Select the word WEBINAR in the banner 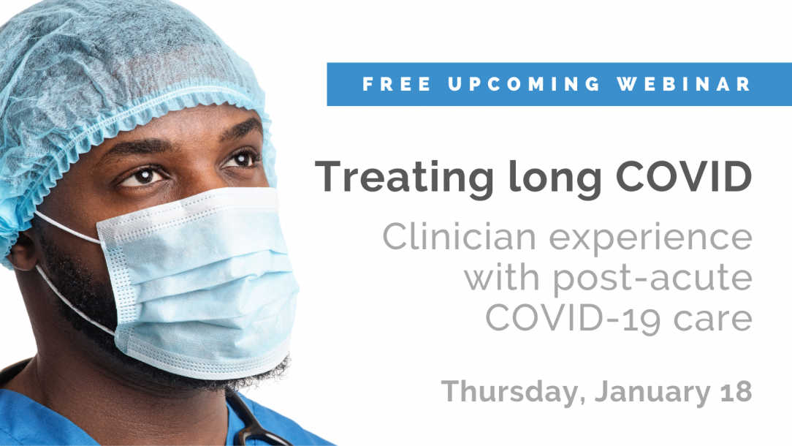coord(684,84)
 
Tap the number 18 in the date coord(733,391)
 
